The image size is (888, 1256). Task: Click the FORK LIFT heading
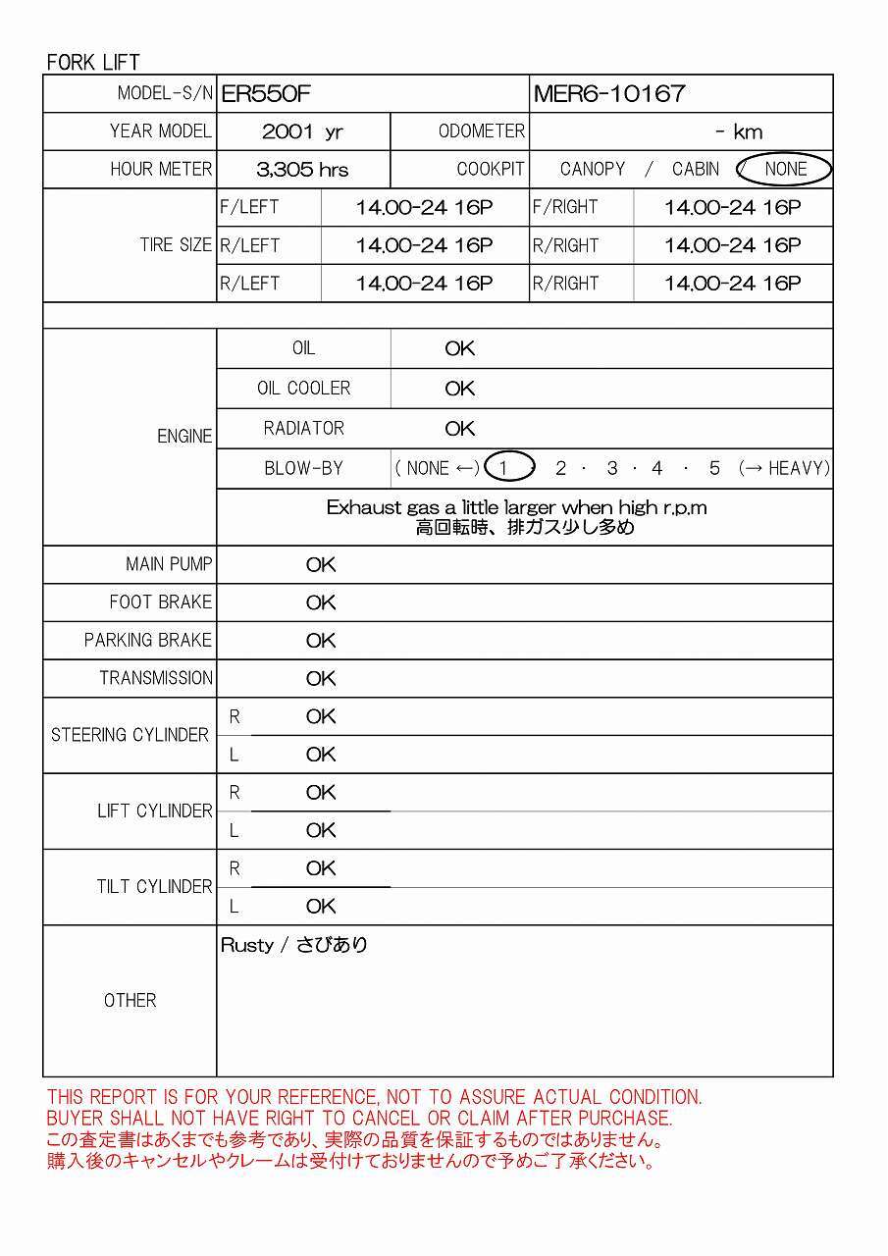pyautogui.click(x=93, y=62)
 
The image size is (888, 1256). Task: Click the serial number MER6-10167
pyautogui.click(x=609, y=93)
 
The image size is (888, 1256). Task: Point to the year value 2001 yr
pyautogui.click(x=302, y=131)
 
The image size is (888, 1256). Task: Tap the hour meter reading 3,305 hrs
pyautogui.click(x=302, y=169)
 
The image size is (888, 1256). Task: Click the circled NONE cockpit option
pyautogui.click(x=785, y=169)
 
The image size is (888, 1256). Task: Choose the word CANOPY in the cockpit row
pyautogui.click(x=592, y=169)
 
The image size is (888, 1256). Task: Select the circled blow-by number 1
pyautogui.click(x=504, y=468)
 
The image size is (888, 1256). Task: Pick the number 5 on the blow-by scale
pyautogui.click(x=714, y=468)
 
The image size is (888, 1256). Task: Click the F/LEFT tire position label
pyautogui.click(x=249, y=207)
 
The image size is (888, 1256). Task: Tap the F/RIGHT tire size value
pyautogui.click(x=732, y=207)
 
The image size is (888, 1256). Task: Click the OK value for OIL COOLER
pyautogui.click(x=459, y=389)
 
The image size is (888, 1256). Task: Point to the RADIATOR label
pyautogui.click(x=303, y=429)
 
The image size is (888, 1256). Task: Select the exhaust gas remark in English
pyautogui.click(x=516, y=507)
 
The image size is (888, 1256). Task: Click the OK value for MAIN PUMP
pyautogui.click(x=321, y=564)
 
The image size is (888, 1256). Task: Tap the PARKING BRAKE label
pyautogui.click(x=148, y=640)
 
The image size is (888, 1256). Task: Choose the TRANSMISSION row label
pyautogui.click(x=156, y=678)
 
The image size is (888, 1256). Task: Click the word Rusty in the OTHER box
pyautogui.click(x=247, y=945)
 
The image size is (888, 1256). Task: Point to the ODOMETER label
pyautogui.click(x=481, y=131)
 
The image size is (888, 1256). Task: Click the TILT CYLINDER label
pyautogui.click(x=154, y=886)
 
